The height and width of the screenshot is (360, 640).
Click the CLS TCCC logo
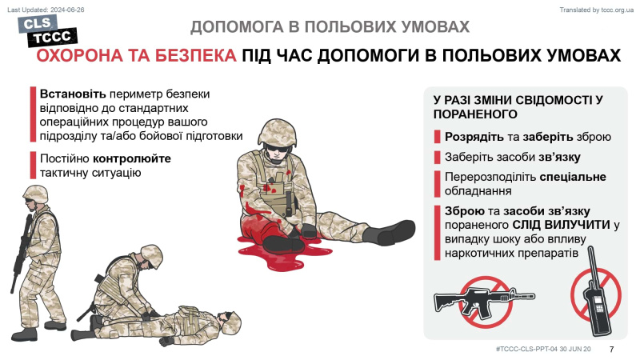point(47,31)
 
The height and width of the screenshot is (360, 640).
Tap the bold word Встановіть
point(73,94)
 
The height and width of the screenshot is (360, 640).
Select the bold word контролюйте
point(132,158)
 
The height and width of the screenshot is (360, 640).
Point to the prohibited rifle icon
point(485,302)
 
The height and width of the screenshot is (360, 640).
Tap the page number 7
point(611,350)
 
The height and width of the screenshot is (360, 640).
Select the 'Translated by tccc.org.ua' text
point(596,10)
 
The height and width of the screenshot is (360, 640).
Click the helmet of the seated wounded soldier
point(277,132)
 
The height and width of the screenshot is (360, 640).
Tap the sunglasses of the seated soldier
point(278,148)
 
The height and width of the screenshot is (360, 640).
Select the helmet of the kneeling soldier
point(151,254)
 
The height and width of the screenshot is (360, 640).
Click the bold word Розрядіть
point(474,137)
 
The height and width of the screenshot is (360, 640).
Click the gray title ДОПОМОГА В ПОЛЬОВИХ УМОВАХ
point(330,27)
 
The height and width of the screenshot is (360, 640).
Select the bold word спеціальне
point(573,177)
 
